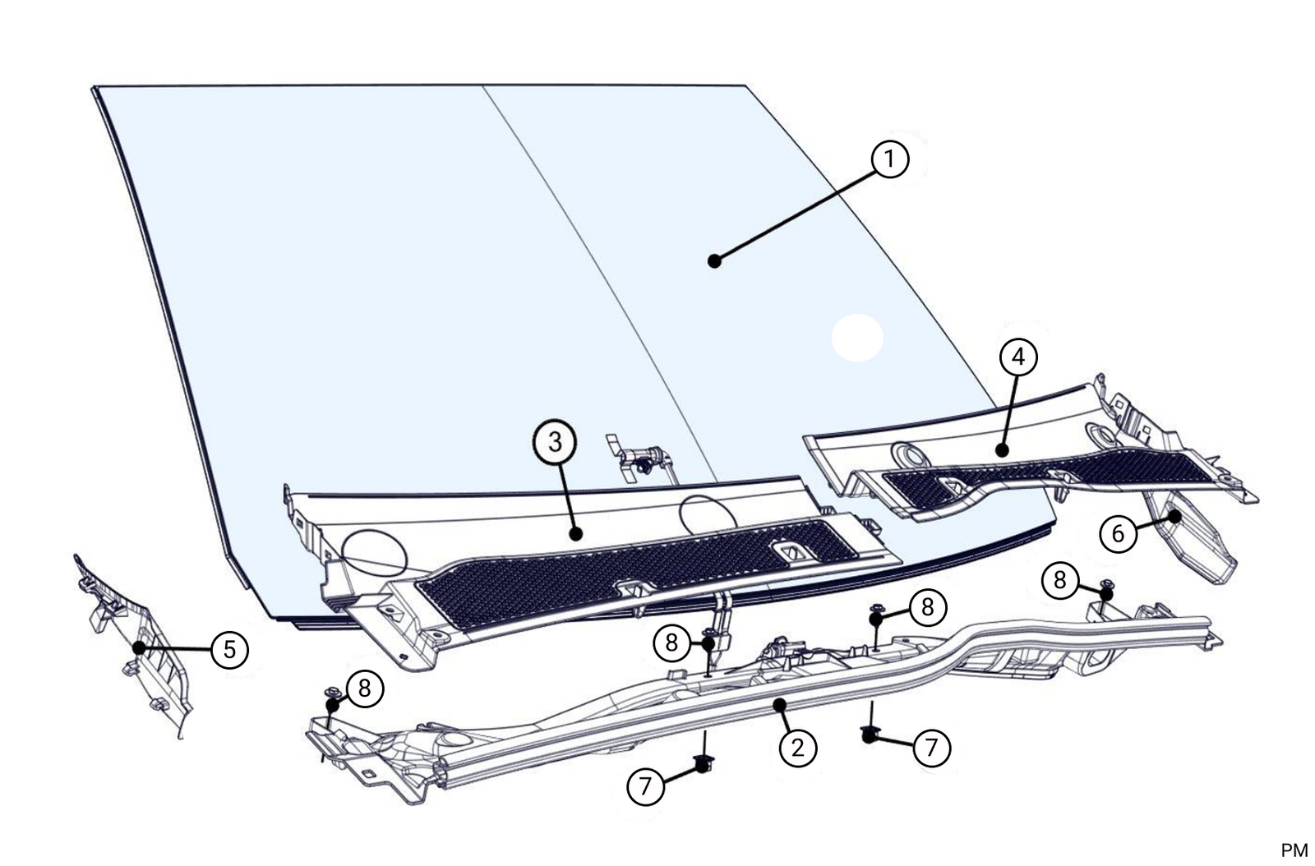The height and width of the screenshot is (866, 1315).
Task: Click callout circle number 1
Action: [890, 159]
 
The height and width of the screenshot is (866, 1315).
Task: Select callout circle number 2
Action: [797, 748]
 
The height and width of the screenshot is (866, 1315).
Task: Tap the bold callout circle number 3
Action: [555, 442]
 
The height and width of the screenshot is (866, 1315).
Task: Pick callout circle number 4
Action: [1018, 357]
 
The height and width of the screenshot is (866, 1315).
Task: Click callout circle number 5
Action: [229, 650]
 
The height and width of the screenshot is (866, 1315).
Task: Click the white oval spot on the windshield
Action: [857, 338]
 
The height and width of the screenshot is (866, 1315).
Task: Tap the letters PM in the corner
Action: [1294, 850]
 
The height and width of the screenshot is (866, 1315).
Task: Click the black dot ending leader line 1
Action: [714, 261]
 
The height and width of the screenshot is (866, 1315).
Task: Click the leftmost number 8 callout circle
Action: [364, 689]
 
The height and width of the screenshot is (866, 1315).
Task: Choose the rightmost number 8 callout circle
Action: [1059, 581]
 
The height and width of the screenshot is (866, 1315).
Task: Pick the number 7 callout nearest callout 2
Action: [931, 748]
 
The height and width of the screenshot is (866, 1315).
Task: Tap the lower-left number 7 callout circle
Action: [645, 786]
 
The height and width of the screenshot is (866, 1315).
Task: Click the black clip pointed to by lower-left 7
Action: [703, 765]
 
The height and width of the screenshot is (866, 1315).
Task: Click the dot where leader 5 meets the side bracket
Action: [139, 647]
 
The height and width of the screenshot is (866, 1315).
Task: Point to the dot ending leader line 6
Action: [1175, 517]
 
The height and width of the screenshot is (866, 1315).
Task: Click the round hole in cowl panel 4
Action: [908, 454]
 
